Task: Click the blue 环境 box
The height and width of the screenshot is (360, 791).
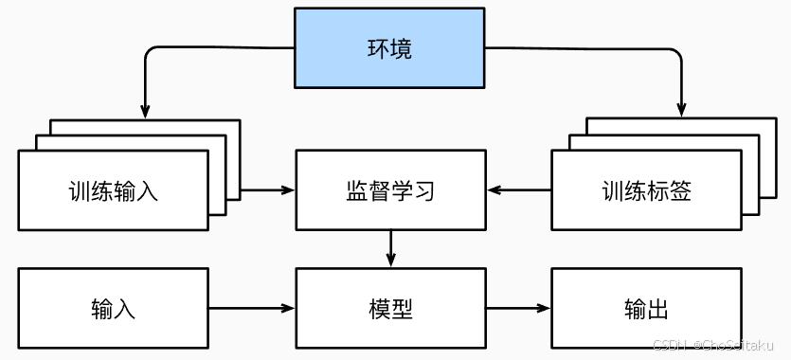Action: (x=389, y=48)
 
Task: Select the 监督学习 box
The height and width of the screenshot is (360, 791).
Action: (x=389, y=190)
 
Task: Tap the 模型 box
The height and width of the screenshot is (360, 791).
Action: (x=389, y=309)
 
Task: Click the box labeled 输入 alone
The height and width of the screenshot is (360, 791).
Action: (x=114, y=309)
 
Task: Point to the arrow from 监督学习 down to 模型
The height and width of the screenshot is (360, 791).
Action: (x=390, y=249)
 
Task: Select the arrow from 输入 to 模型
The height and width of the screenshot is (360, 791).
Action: (x=251, y=309)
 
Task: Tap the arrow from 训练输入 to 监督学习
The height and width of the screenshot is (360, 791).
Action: (x=268, y=190)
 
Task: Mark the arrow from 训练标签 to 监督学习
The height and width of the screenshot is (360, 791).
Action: (x=519, y=190)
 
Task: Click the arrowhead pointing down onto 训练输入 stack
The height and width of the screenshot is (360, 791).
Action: (x=144, y=110)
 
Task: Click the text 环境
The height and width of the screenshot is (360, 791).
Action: (x=389, y=48)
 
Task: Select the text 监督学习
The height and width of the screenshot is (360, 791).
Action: (x=389, y=190)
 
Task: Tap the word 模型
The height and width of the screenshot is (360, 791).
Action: (x=389, y=309)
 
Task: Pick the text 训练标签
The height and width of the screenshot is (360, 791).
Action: (x=646, y=190)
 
